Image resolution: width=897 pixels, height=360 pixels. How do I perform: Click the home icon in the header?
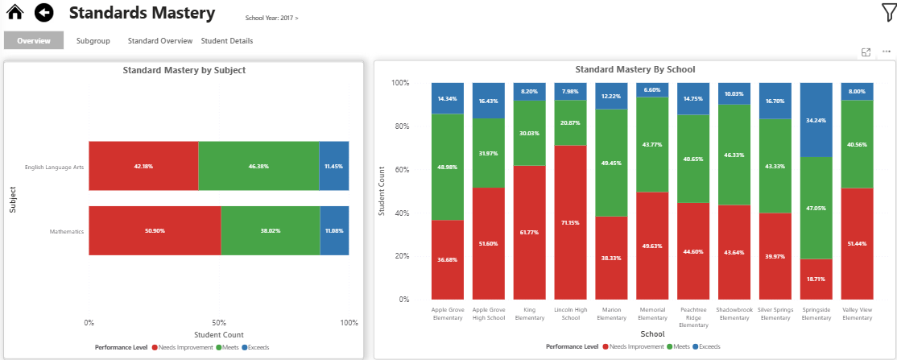point(14,13)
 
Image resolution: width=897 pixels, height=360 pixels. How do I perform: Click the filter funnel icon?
point(887,12)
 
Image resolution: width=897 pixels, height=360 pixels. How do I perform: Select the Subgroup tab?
point(93,40)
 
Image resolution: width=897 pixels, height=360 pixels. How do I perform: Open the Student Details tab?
point(226,40)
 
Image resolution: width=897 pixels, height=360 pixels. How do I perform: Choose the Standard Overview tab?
point(160,40)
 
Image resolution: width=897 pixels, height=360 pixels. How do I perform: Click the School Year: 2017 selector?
point(271,17)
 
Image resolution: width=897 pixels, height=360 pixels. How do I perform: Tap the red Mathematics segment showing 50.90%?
point(155,230)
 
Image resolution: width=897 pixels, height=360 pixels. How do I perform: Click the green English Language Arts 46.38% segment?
point(258,166)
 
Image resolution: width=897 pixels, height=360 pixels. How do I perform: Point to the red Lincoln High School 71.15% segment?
point(570,222)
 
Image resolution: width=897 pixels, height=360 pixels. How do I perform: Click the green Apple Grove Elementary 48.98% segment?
point(447,167)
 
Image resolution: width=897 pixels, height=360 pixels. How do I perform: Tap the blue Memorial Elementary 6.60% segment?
point(652,90)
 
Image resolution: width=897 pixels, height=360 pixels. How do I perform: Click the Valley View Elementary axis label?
point(857,314)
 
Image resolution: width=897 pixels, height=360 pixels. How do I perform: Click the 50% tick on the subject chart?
point(218,322)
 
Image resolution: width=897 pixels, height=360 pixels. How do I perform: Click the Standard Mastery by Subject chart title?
point(184,70)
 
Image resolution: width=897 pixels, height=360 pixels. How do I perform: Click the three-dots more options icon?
point(886,52)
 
